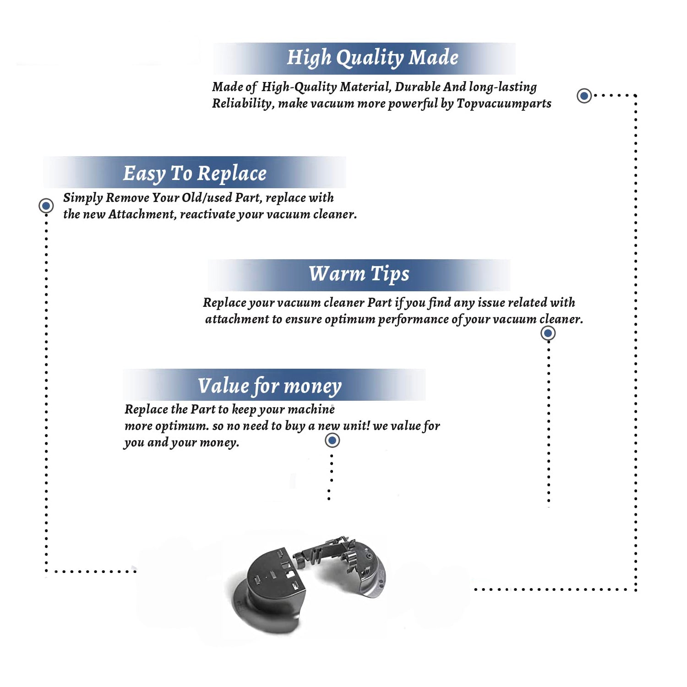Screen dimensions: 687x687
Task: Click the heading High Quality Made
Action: pyautogui.click(x=372, y=58)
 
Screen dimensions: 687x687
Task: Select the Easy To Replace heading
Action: pyautogui.click(x=195, y=174)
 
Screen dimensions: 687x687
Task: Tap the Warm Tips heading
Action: pyautogui.click(x=359, y=274)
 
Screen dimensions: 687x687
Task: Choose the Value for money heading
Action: pyautogui.click(x=270, y=386)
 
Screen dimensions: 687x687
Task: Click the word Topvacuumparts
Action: pyautogui.click(x=504, y=104)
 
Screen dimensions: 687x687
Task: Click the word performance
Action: pyautogui.click(x=414, y=319)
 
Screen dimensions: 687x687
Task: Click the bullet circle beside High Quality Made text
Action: pyautogui.click(x=584, y=96)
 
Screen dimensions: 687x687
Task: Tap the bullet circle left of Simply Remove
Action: pyautogui.click(x=46, y=206)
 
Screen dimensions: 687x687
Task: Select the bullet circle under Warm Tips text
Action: pyautogui.click(x=548, y=333)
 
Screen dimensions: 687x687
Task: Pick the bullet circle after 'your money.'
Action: pyautogui.click(x=332, y=441)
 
